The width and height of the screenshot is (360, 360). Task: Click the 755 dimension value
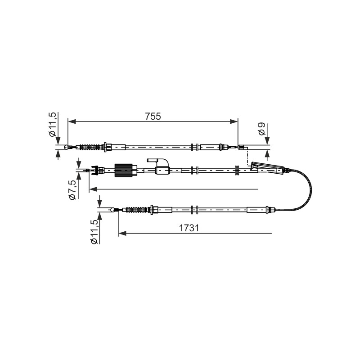click(153, 117)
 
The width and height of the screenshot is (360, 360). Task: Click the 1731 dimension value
click(189, 228)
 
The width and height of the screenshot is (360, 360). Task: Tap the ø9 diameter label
click(261, 129)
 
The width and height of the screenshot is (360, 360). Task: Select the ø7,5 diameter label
click(72, 190)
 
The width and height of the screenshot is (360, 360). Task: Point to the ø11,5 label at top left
click(53, 125)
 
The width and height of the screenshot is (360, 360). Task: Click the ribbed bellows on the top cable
click(90, 147)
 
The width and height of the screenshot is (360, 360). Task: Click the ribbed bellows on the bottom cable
click(135, 210)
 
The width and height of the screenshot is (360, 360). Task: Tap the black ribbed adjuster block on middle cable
click(123, 171)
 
